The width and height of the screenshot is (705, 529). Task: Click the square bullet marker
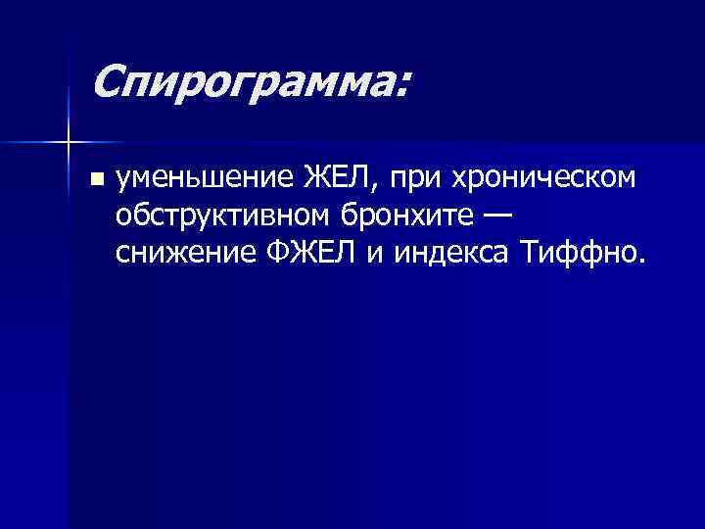[95, 179]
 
